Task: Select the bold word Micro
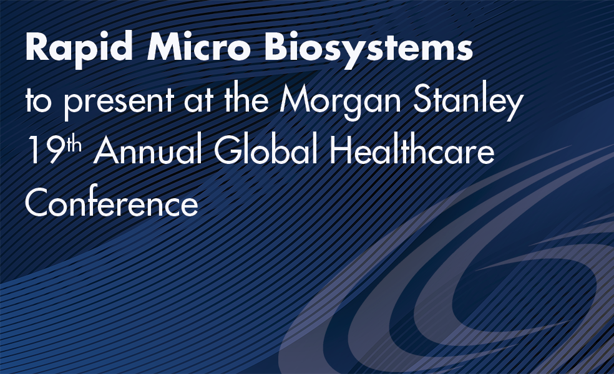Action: (x=198, y=47)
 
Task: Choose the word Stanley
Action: (x=469, y=100)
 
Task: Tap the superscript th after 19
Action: (x=74, y=144)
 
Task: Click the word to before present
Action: (x=39, y=102)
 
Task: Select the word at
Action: (x=198, y=102)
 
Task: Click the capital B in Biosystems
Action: (x=276, y=47)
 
